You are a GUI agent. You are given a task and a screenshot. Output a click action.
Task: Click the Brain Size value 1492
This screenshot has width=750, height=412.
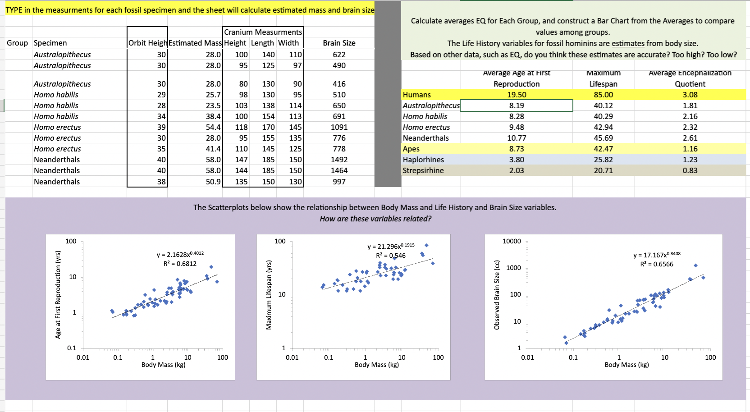[x=339, y=160]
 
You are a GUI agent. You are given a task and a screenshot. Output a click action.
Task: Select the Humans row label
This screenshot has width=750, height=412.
[x=417, y=95]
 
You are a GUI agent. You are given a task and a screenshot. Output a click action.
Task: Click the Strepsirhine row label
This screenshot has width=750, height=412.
[x=423, y=170]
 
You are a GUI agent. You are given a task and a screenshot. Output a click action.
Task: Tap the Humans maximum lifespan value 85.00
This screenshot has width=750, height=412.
[x=603, y=95]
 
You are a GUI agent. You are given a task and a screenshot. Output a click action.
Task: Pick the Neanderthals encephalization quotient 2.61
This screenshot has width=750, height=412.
[x=690, y=138]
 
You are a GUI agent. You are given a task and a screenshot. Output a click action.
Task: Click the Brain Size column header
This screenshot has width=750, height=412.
[x=339, y=43]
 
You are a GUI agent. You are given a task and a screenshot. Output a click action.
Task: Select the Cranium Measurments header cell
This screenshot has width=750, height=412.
[x=263, y=32]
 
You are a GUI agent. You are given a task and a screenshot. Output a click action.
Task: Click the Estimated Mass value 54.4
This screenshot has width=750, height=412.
[x=213, y=127]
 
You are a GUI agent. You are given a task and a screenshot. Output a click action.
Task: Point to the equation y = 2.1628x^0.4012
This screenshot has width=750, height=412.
[x=180, y=255]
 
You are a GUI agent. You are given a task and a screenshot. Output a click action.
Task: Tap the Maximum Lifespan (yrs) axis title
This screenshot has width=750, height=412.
[x=269, y=294]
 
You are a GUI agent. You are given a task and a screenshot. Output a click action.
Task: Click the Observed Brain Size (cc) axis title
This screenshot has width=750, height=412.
[x=497, y=294]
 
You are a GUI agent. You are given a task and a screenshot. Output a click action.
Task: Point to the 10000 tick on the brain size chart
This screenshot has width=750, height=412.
[x=512, y=241]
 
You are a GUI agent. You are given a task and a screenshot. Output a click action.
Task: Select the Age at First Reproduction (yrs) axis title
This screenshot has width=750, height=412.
[x=58, y=294]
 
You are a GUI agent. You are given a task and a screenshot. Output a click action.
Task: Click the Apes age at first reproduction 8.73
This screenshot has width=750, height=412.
[x=517, y=149]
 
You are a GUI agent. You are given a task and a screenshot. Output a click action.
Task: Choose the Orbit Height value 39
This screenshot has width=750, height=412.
[x=161, y=127]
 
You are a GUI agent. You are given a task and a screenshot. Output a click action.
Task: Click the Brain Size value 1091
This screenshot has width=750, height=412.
[x=339, y=127]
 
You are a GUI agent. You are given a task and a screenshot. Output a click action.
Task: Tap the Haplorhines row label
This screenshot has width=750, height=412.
[x=423, y=160]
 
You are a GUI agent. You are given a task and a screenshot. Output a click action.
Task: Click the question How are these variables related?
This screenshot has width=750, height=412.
[x=375, y=219]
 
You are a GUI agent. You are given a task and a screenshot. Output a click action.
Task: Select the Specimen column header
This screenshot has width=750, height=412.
[x=50, y=43]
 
